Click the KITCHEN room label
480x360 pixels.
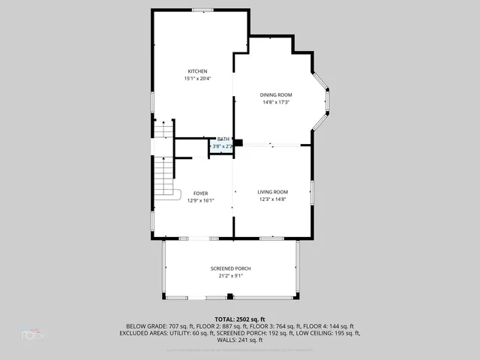click(197, 71)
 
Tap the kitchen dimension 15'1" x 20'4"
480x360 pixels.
click(197, 79)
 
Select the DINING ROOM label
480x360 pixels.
click(276, 94)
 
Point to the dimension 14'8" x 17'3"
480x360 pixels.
click(276, 102)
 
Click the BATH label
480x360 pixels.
click(223, 139)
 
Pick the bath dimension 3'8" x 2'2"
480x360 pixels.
click(223, 146)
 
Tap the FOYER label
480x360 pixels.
click(200, 193)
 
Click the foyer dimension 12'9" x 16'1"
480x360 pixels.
click(200, 200)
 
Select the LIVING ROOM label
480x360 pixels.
click(273, 191)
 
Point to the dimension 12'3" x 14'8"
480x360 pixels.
click(273, 199)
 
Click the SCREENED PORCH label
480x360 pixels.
click(230, 268)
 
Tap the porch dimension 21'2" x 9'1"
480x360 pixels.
click(230, 276)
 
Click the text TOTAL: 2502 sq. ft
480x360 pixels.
click(240, 319)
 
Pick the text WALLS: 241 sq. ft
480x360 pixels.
click(240, 340)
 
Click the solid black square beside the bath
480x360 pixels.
click(238, 142)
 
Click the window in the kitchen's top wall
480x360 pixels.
click(202, 10)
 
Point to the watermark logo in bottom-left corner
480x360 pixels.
click(31, 334)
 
